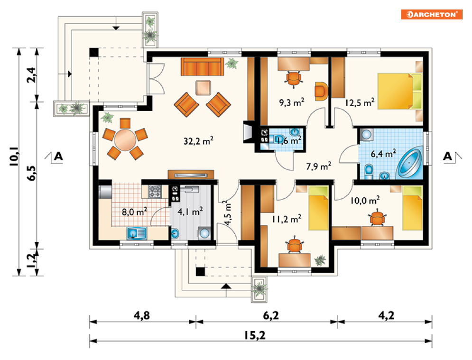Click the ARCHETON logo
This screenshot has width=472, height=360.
(x=432, y=14)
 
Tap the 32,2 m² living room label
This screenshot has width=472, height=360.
(x=198, y=140)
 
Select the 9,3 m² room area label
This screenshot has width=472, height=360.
(x=291, y=102)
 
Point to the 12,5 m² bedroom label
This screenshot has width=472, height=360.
(x=360, y=102)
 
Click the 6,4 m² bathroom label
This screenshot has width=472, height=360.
(x=383, y=154)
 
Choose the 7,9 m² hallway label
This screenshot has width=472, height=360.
(x=319, y=166)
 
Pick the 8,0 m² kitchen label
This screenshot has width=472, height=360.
(x=134, y=212)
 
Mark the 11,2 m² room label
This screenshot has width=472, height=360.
(x=287, y=219)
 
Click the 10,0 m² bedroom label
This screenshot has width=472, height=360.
(x=365, y=200)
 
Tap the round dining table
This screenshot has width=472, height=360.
(x=125, y=140)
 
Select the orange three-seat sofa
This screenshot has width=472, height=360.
(x=202, y=67)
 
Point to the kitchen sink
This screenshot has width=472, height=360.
(x=137, y=233)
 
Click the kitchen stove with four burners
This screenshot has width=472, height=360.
(x=155, y=192)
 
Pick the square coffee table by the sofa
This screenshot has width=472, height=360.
(x=203, y=88)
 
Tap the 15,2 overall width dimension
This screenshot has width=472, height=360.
(x=255, y=335)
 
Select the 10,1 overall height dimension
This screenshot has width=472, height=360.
(x=14, y=157)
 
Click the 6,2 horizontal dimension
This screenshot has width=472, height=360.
(x=270, y=316)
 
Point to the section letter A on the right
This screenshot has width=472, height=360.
(x=448, y=156)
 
